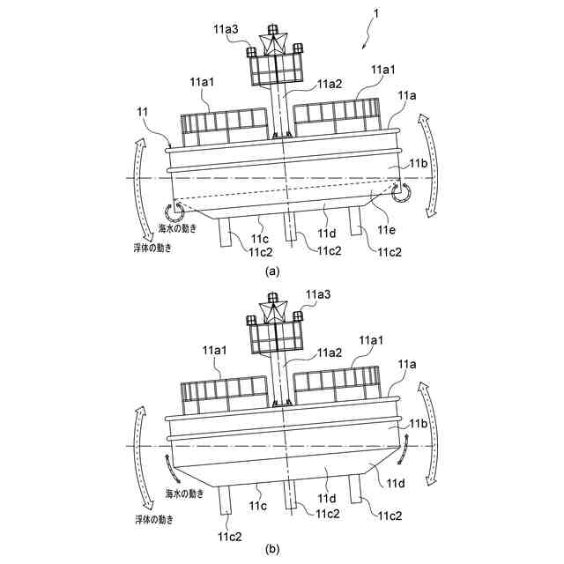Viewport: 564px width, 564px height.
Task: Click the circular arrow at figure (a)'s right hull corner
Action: point(400,192)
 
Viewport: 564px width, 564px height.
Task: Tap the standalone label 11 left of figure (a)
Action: point(143,112)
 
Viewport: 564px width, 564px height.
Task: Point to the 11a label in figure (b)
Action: point(407,363)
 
